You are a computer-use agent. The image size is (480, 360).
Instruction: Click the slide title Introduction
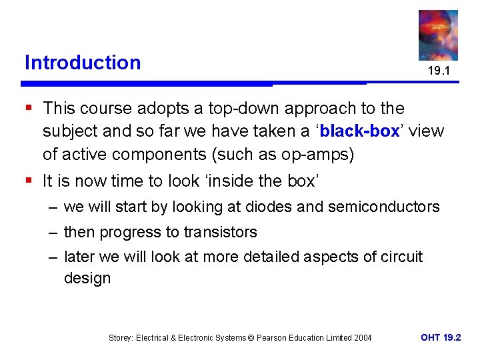coord(83,63)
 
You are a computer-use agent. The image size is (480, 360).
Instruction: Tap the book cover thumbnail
coord(438,35)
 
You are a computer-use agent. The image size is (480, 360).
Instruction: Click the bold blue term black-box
coord(359,131)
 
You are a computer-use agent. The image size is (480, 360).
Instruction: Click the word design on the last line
coord(87,277)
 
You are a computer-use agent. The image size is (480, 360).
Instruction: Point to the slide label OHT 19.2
coord(441,337)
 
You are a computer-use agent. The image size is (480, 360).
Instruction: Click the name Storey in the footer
coord(121,338)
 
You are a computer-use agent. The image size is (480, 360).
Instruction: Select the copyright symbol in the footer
coord(251,338)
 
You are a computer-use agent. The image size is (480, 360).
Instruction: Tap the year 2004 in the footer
coord(363,338)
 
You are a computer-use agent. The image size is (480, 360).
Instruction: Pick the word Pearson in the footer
coord(271,338)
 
